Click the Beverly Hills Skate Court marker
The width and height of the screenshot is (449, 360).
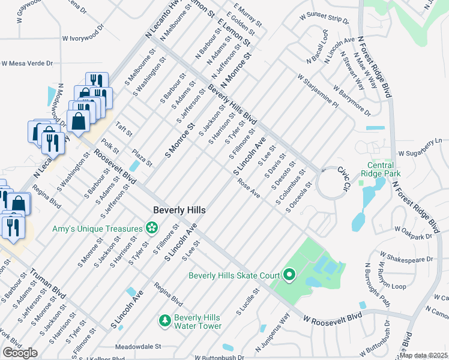coord(289,275)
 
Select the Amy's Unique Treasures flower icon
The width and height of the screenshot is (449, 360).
coord(152,228)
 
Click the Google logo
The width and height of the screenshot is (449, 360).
coord(20,352)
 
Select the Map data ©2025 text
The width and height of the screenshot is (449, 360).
coord(424,355)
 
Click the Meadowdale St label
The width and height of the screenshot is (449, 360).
coord(139,346)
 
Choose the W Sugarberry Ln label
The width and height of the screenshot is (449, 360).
coord(423,145)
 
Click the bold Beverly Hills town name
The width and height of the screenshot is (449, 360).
coord(179,211)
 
